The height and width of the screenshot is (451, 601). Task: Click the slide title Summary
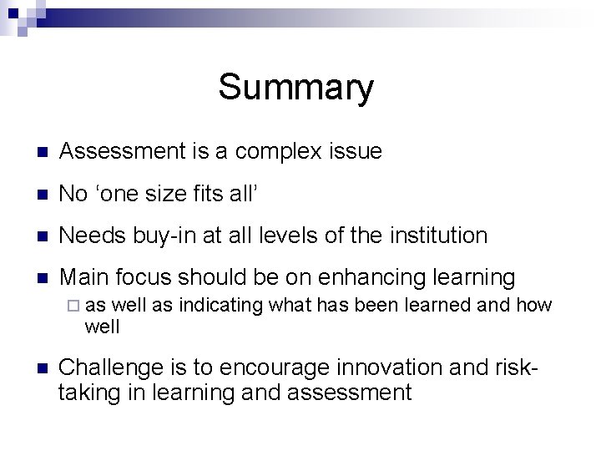coord(296,87)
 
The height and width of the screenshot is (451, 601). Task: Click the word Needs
coord(93,236)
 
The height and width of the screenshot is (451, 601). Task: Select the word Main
coord(85,277)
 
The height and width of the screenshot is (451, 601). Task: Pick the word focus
coord(147,277)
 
